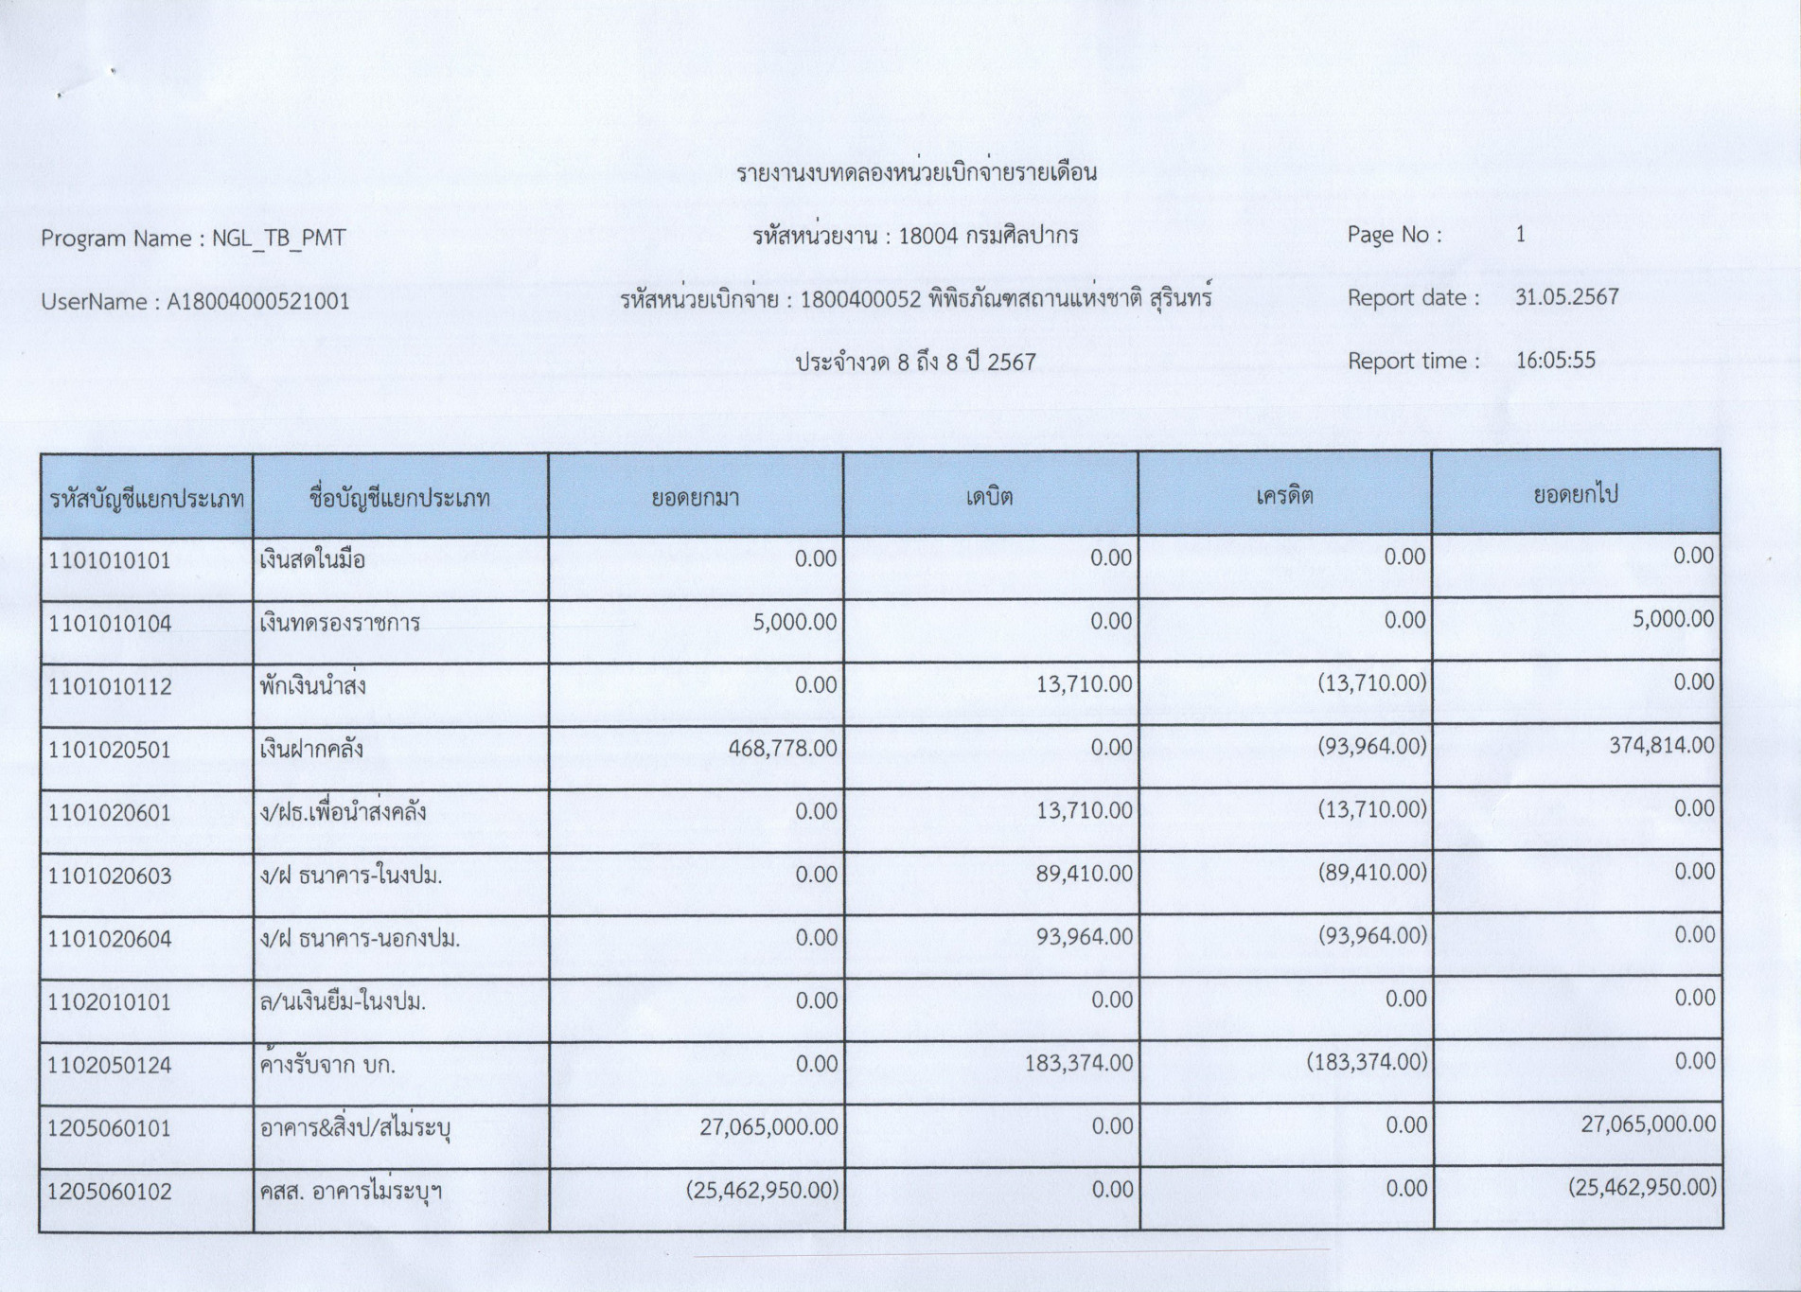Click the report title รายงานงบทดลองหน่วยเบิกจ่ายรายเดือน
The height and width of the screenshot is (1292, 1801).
[916, 173]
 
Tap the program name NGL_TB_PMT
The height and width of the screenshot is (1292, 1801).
[278, 239]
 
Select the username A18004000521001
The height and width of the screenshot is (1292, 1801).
[258, 302]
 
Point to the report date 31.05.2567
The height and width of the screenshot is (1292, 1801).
[1566, 297]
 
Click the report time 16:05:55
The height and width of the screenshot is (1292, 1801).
[1555, 361]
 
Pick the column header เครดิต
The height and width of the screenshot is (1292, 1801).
[1284, 496]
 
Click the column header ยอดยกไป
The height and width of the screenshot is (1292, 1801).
[1576, 494]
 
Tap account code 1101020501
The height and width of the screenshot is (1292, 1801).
[110, 751]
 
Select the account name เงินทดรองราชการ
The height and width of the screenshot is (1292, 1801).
[339, 624]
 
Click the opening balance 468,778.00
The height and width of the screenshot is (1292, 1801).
[783, 749]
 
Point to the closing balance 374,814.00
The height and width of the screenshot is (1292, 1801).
[1661, 746]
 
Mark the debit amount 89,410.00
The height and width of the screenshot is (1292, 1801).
[1084, 874]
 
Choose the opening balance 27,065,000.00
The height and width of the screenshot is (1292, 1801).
[768, 1127]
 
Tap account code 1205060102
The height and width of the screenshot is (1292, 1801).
[110, 1192]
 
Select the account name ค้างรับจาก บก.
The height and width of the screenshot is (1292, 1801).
[327, 1065]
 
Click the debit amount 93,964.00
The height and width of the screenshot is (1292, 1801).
[1084, 937]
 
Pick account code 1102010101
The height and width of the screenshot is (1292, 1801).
[110, 1002]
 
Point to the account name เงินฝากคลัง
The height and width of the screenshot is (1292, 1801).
[311, 751]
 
